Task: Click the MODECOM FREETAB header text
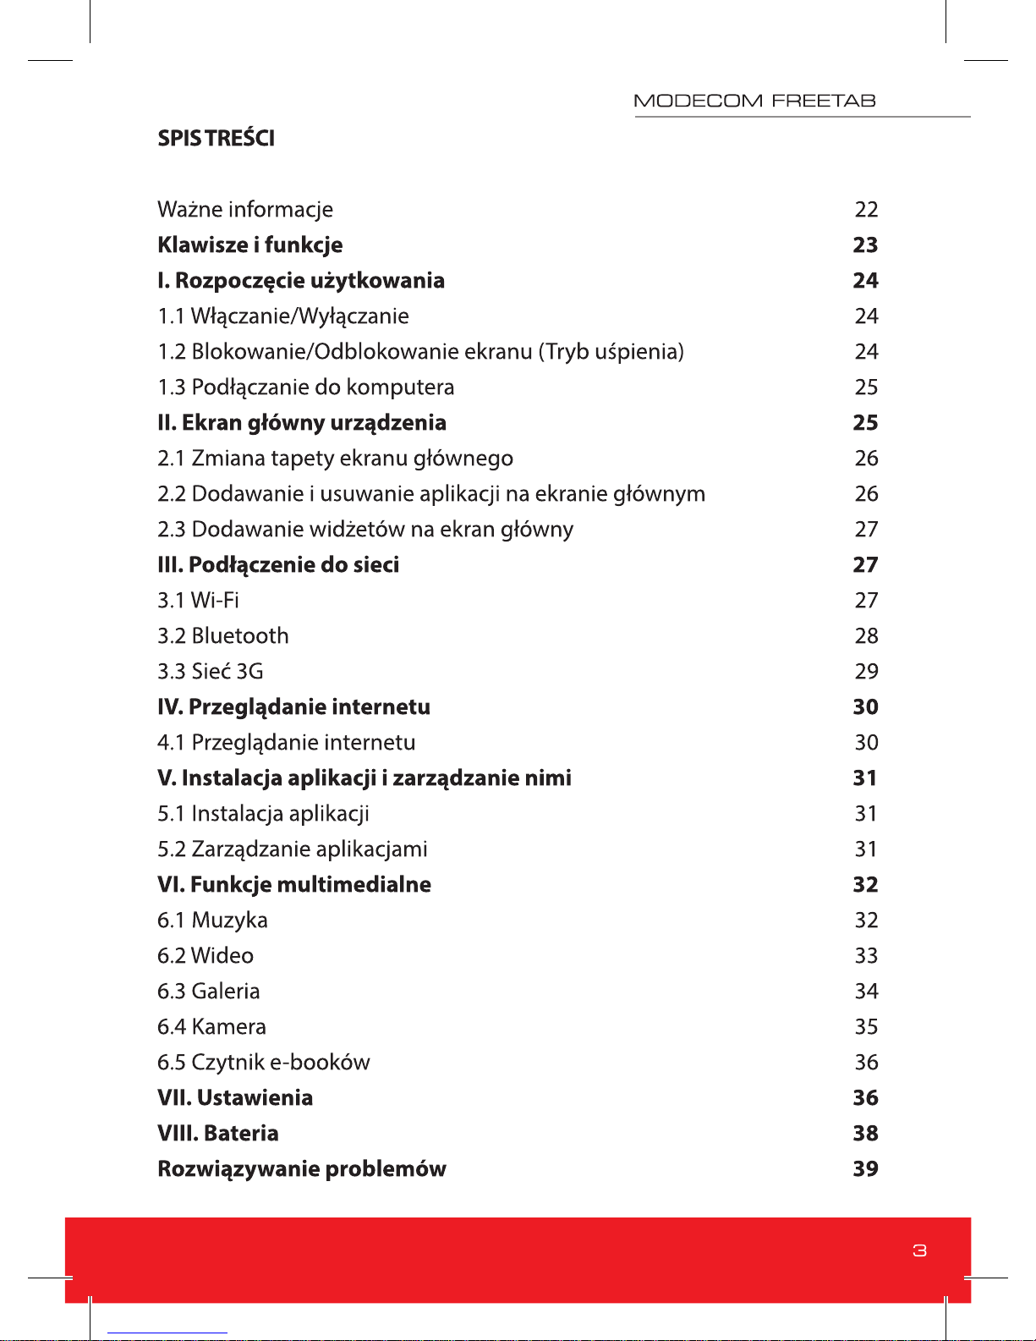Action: coord(754,102)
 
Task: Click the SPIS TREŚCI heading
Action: coord(216,139)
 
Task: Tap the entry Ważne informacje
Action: coord(245,210)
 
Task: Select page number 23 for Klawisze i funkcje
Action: coord(865,245)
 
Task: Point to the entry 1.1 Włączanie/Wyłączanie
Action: coord(283,316)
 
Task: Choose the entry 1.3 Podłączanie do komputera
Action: coord(306,387)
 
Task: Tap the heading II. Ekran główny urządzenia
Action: coord(302,423)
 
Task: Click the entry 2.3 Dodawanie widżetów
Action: coord(365,530)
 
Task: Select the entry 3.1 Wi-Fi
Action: coord(198,601)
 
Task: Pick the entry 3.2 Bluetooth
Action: coord(223,636)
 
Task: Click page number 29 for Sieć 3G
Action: coord(866,672)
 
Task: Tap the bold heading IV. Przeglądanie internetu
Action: coord(293,707)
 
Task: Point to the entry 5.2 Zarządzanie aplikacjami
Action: coord(293,849)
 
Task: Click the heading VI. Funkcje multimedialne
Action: coord(294,885)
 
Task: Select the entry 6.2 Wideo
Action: coord(206,956)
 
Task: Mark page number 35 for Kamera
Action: coord(866,1027)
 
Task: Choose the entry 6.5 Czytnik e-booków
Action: coord(264,1063)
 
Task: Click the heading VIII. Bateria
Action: coord(218,1134)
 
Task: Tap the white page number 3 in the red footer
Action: coord(920,1250)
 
